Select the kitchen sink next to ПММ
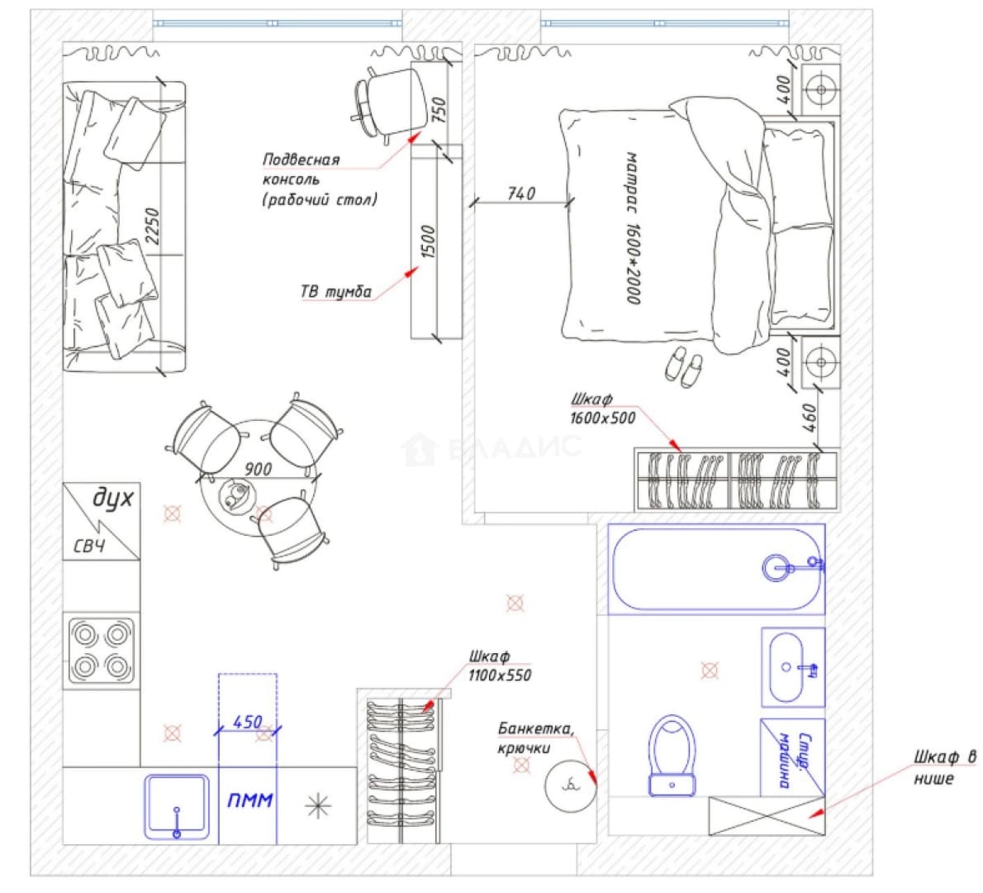(x=177, y=807)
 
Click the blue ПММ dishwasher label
(x=249, y=800)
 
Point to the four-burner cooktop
(x=101, y=651)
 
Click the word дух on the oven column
(x=113, y=499)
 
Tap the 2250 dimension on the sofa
(x=152, y=227)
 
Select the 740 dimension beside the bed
(x=521, y=193)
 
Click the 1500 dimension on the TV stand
(x=428, y=241)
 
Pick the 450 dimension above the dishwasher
(x=248, y=722)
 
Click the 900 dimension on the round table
(x=259, y=469)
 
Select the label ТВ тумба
(x=336, y=292)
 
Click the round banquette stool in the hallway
(x=570, y=785)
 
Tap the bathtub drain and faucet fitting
(x=793, y=567)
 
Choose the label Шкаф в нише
(x=944, y=767)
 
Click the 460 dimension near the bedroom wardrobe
(x=810, y=418)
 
